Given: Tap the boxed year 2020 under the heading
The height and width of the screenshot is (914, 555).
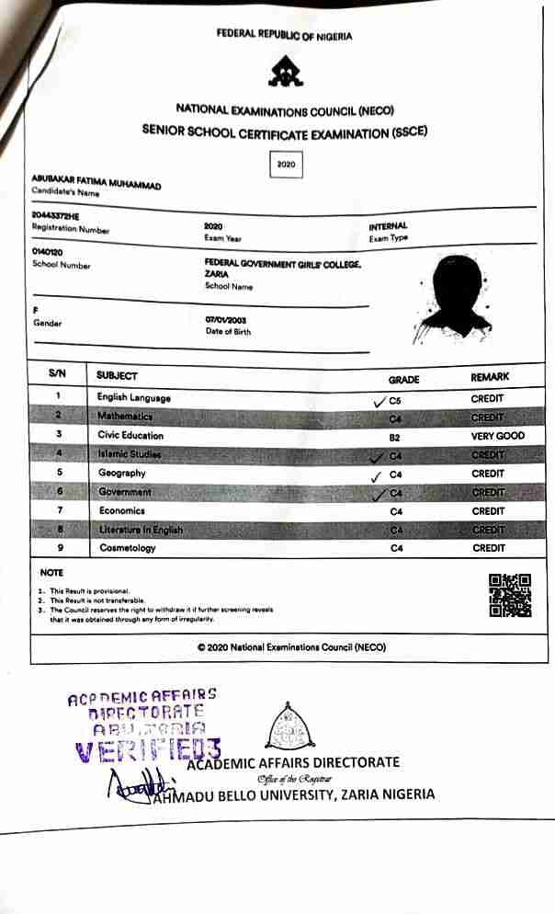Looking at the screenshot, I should [x=285, y=165].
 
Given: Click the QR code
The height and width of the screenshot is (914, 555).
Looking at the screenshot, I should [x=510, y=595].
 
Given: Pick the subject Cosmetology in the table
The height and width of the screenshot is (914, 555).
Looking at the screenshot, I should [x=128, y=548].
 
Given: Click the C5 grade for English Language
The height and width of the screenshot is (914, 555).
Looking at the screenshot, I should [x=396, y=400].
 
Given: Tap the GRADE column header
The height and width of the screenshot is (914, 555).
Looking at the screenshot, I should [x=403, y=378].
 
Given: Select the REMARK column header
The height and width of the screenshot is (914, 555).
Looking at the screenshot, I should [x=490, y=377].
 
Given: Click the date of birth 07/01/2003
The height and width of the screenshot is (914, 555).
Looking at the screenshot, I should [x=221, y=319].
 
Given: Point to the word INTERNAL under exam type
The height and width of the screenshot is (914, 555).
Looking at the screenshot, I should [x=388, y=226].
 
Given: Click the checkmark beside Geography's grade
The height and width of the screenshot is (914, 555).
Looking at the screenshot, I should [x=375, y=476].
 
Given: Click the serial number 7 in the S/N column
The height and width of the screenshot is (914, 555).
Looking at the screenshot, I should [x=59, y=510].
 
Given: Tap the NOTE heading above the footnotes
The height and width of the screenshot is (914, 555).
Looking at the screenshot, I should [x=51, y=572].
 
